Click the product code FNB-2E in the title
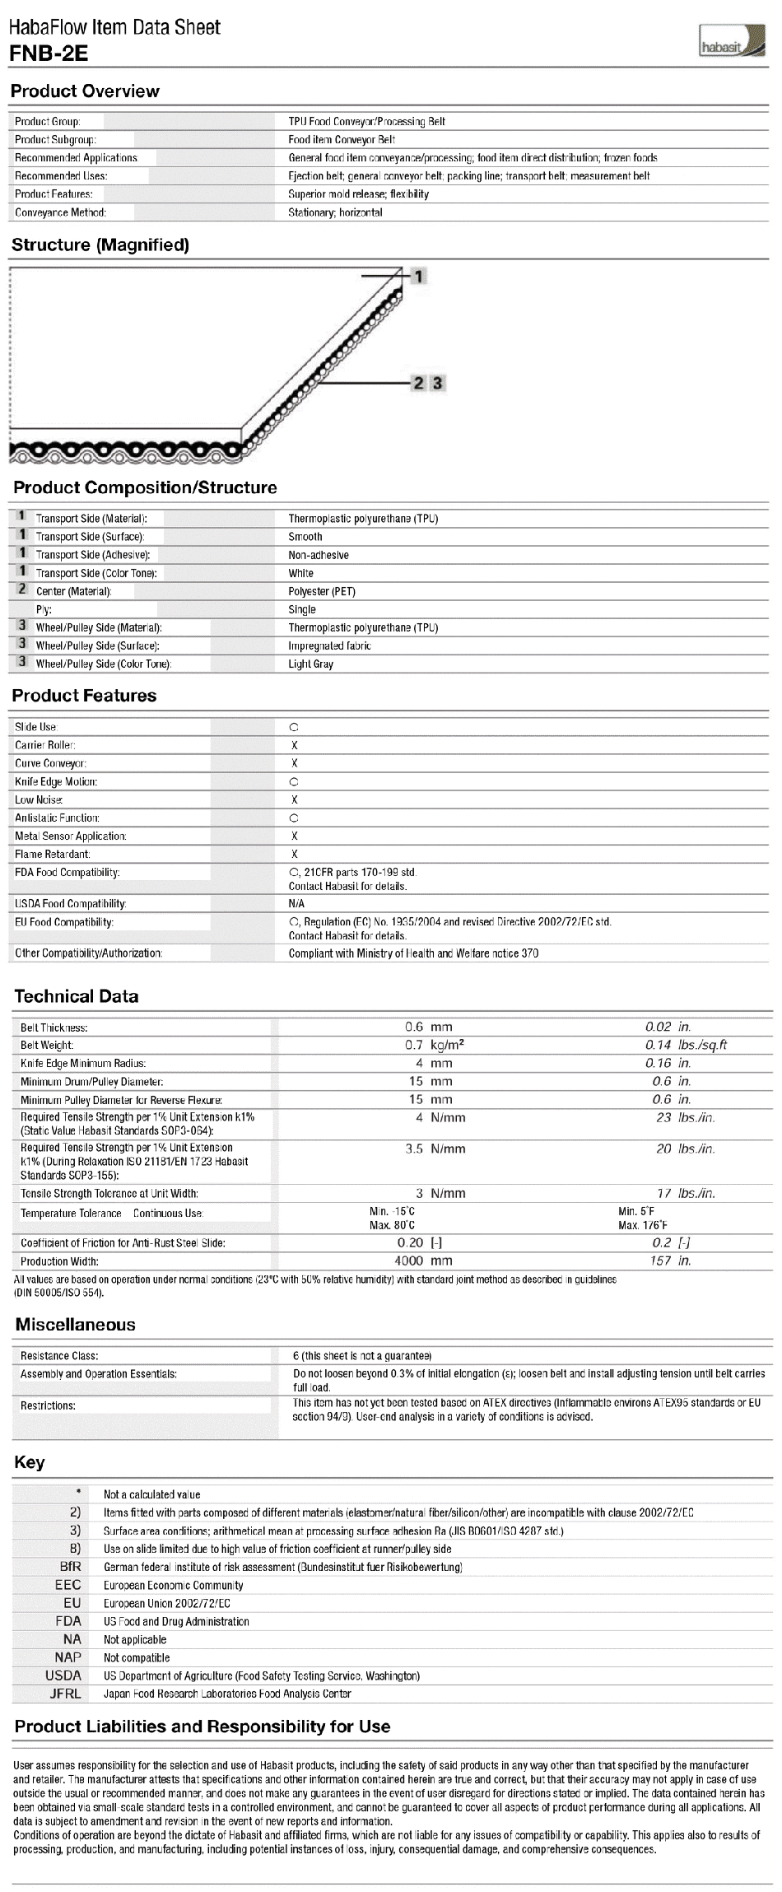click(x=49, y=54)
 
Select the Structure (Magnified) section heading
click(x=100, y=245)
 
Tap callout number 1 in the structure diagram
click(x=418, y=276)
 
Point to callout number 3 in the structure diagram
click(x=438, y=383)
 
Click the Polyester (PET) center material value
click(x=322, y=591)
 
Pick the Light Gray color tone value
click(x=310, y=664)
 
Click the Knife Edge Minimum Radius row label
click(x=82, y=1063)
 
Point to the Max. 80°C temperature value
click(x=392, y=1225)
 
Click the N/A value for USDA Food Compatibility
click(x=296, y=904)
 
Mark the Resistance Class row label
click(x=59, y=1355)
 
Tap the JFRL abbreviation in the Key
click(x=65, y=1694)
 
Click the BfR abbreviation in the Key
click(x=71, y=1567)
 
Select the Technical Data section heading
click(x=76, y=996)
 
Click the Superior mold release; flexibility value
click(x=358, y=194)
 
